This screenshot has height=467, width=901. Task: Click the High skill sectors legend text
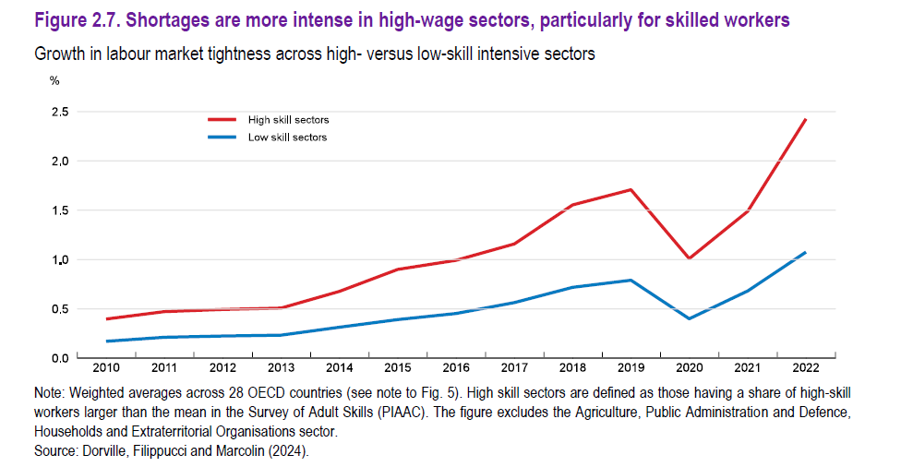click(x=288, y=120)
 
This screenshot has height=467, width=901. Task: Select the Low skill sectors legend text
click(x=287, y=138)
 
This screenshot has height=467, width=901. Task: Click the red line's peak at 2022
click(x=806, y=119)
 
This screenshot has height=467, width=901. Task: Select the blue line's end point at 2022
click(x=806, y=252)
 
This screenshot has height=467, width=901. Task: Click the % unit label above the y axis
click(x=54, y=80)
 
